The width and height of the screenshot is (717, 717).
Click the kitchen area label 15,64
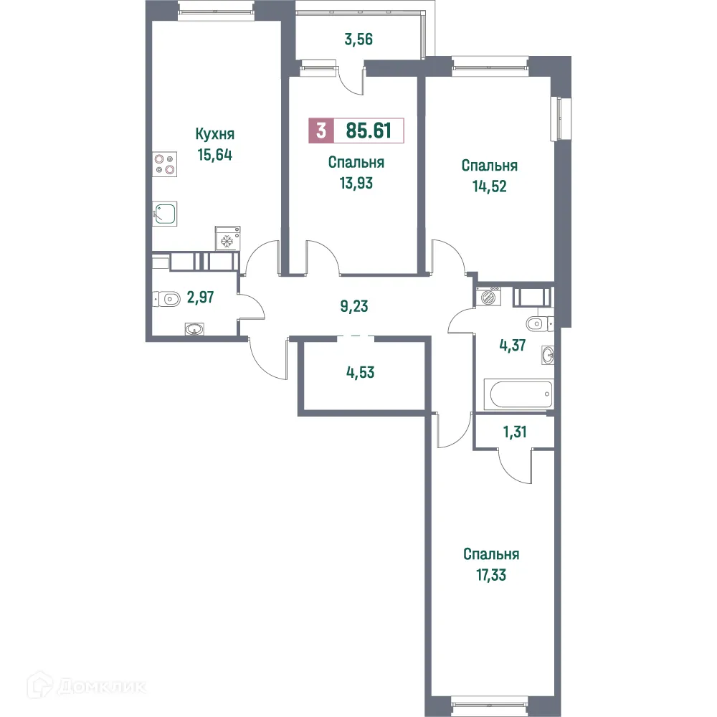click(216, 153)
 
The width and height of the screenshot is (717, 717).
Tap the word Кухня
click(215, 134)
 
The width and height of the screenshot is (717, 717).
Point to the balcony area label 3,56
click(358, 39)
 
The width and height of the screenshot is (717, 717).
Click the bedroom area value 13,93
click(356, 182)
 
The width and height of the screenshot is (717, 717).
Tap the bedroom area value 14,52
click(490, 185)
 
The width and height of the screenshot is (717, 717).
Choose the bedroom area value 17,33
click(491, 574)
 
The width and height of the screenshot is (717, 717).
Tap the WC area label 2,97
click(201, 295)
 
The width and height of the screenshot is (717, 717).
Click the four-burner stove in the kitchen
click(166, 165)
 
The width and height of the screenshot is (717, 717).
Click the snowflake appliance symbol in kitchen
click(227, 239)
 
